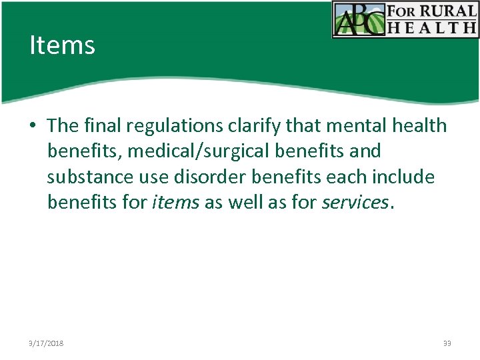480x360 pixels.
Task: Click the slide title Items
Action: pos(62,45)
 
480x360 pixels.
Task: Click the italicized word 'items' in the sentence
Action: pos(175,203)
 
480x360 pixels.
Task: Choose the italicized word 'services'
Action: pos(354,203)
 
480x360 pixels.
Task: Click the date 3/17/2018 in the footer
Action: pos(47,343)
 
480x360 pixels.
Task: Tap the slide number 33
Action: pos(447,343)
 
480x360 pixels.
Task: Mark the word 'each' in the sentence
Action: pos(339,177)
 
